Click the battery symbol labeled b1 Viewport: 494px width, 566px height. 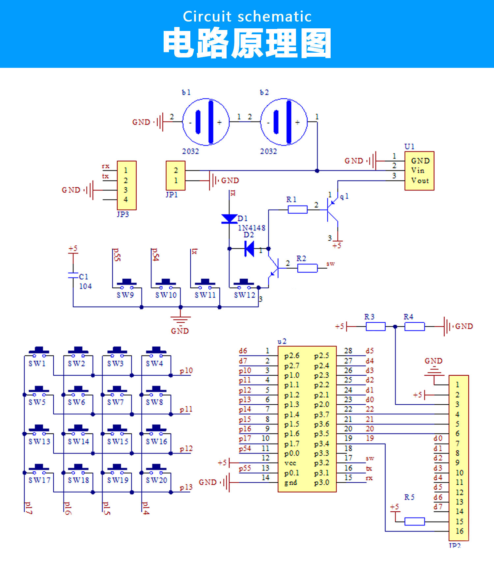(x=206, y=122)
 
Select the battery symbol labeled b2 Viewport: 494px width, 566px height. (x=284, y=122)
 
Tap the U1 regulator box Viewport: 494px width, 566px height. (x=419, y=171)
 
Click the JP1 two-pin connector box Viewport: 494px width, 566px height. (x=176, y=175)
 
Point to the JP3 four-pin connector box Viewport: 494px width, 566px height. (x=126, y=185)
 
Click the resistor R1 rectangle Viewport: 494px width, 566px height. (x=298, y=209)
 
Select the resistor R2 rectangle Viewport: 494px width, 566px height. (x=307, y=268)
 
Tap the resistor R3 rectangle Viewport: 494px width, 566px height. (x=375, y=326)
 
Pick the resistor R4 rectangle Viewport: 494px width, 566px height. (x=415, y=326)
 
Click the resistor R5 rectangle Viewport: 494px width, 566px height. (x=415, y=521)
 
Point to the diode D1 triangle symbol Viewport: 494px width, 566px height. (x=230, y=219)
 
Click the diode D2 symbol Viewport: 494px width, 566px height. (x=249, y=249)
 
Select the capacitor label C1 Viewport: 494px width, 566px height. (x=83, y=277)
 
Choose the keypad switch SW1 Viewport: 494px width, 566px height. (x=39, y=351)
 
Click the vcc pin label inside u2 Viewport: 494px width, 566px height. (x=290, y=463)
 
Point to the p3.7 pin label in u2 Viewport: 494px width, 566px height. (x=321, y=414)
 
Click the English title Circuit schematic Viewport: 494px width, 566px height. (x=247, y=16)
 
